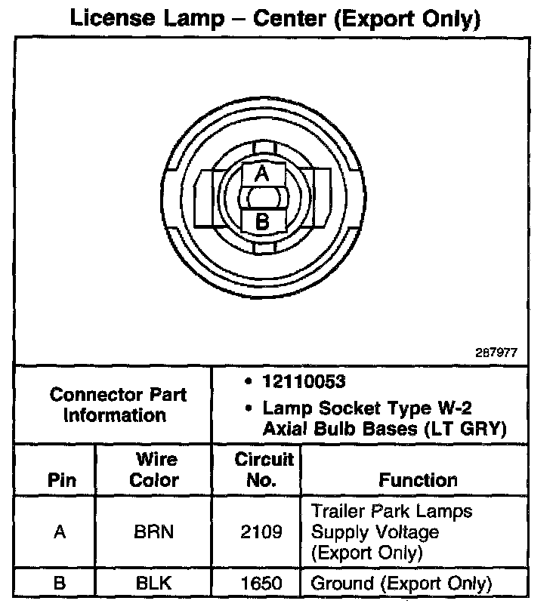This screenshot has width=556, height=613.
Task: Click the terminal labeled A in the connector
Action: click(261, 174)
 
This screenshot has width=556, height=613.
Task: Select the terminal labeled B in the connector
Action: click(261, 222)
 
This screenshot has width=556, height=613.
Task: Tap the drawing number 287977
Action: click(497, 353)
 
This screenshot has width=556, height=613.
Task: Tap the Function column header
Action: click(418, 480)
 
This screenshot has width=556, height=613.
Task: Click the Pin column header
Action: click(61, 480)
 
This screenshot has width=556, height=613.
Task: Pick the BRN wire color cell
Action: click(153, 532)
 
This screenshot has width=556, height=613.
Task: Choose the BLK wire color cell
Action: click(153, 584)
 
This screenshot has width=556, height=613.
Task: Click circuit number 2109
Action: click(262, 532)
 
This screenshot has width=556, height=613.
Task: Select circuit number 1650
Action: click(262, 584)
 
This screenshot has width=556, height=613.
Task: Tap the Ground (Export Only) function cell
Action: click(401, 584)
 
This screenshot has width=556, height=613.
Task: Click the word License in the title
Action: click(114, 17)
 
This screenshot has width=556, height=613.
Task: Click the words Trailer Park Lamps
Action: click(391, 511)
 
